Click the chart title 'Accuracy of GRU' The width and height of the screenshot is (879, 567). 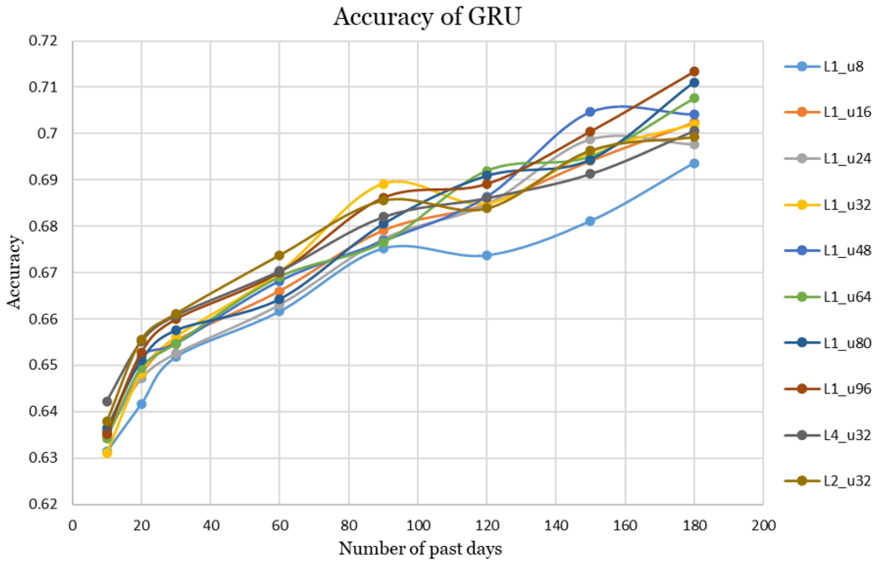(427, 17)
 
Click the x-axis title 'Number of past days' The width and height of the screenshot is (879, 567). (420, 549)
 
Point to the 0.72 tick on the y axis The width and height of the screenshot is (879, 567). (43, 41)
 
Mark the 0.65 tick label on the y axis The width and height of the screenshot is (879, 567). (43, 365)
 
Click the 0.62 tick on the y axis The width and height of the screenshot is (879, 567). (43, 504)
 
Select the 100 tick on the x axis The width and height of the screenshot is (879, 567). (418, 525)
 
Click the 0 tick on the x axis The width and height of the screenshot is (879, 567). (73, 525)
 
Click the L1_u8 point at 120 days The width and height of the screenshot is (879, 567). (487, 255)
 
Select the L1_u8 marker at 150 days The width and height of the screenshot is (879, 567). (590, 221)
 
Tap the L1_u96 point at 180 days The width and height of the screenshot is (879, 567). (694, 71)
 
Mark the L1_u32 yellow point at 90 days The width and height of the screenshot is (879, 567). (383, 184)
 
